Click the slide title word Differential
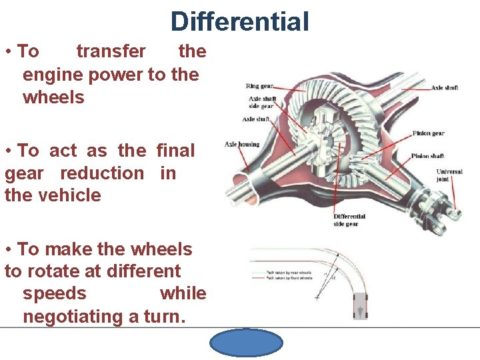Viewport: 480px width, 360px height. point(240,21)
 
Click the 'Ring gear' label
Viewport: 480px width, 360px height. point(259,86)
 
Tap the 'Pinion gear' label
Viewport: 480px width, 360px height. point(428,133)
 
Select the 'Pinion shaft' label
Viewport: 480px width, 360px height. point(428,157)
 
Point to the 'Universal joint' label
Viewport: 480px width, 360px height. point(449,176)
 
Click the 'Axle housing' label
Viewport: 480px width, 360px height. point(242,144)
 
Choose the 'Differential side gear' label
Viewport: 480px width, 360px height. point(349,220)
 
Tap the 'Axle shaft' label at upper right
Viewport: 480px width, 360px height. point(444,88)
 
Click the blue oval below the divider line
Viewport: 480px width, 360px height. point(246,343)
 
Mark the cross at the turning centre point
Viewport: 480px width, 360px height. point(316,297)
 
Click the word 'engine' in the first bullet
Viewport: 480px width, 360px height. point(48,74)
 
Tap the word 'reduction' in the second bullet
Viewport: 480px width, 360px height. point(102,173)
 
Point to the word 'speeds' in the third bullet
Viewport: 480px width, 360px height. point(55,294)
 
